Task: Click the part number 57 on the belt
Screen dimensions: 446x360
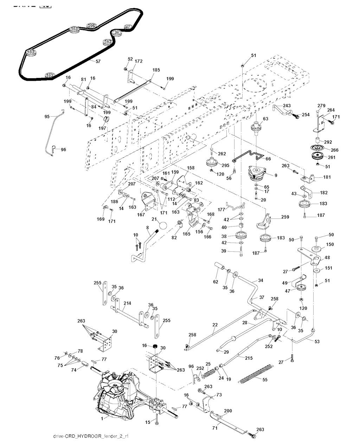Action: coord(98,61)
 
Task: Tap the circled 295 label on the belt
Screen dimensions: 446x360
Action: coord(92,26)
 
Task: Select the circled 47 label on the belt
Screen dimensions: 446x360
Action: coord(128,27)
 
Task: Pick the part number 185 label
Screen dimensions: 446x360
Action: coord(156,70)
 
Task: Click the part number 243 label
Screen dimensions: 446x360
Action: coord(287,106)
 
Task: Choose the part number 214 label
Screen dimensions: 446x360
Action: coord(127,303)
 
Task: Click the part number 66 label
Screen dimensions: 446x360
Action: coord(268,159)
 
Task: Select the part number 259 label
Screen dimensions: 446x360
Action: coord(285,217)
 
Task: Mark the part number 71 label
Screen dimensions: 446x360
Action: coord(215,428)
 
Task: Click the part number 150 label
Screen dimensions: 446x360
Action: coord(330,244)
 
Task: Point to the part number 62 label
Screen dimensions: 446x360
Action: coord(216,282)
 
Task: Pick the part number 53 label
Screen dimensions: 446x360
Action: coord(317,341)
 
